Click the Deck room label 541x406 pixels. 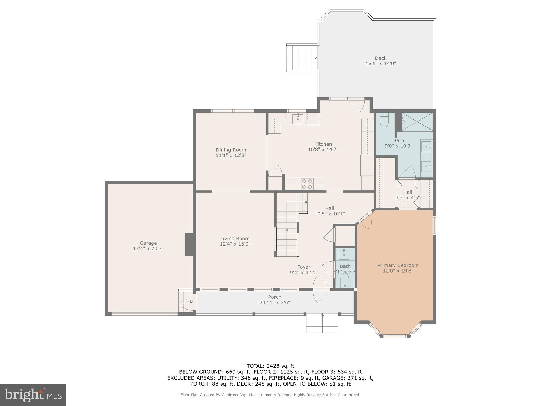pos(380,58)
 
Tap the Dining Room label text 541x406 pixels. pos(231,150)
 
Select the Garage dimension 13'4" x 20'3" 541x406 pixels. pos(148,249)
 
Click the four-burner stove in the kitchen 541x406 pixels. pos(307,184)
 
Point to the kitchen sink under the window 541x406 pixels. pos(298,119)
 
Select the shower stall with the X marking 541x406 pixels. pos(417,122)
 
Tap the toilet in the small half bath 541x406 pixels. pos(344,280)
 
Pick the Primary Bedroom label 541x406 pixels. pos(398,265)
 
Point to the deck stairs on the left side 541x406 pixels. pos(302,58)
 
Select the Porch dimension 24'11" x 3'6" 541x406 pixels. pos(274,303)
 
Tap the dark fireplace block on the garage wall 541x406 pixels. pos(189,244)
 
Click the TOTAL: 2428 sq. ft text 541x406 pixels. pos(270,366)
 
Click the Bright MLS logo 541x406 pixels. pos(33,395)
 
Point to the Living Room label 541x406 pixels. pos(235,239)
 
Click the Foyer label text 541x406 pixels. pos(304,267)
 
